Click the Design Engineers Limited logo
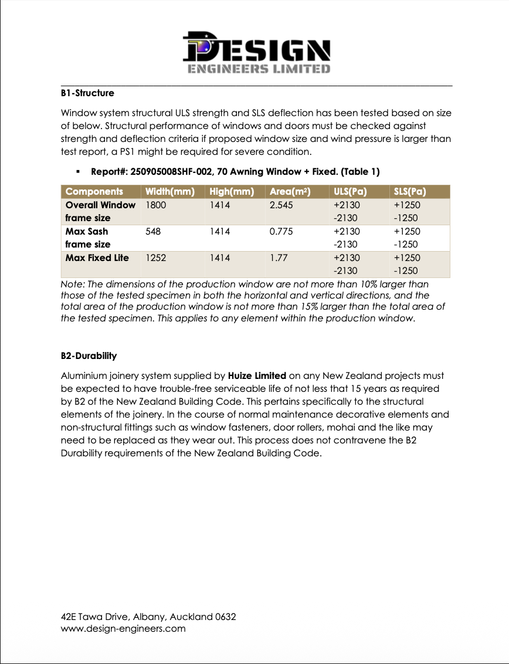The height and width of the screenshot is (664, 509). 256,52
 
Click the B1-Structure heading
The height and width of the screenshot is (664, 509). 87,93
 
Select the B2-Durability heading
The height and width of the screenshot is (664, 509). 89,355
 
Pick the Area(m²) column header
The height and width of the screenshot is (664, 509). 290,192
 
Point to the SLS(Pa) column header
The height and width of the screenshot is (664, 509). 409,192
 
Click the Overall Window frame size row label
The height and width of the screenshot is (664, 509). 100,211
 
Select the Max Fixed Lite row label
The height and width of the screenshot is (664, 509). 97,258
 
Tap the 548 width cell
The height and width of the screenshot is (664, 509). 152,231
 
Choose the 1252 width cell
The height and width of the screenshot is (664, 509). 155,258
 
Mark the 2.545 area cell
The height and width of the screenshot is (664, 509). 280,205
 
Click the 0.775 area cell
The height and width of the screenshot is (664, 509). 280,231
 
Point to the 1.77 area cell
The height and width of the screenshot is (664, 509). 278,258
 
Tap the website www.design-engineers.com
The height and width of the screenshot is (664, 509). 123,629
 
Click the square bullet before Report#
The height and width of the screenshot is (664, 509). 77,172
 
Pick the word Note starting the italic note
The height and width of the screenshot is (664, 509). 72,283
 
